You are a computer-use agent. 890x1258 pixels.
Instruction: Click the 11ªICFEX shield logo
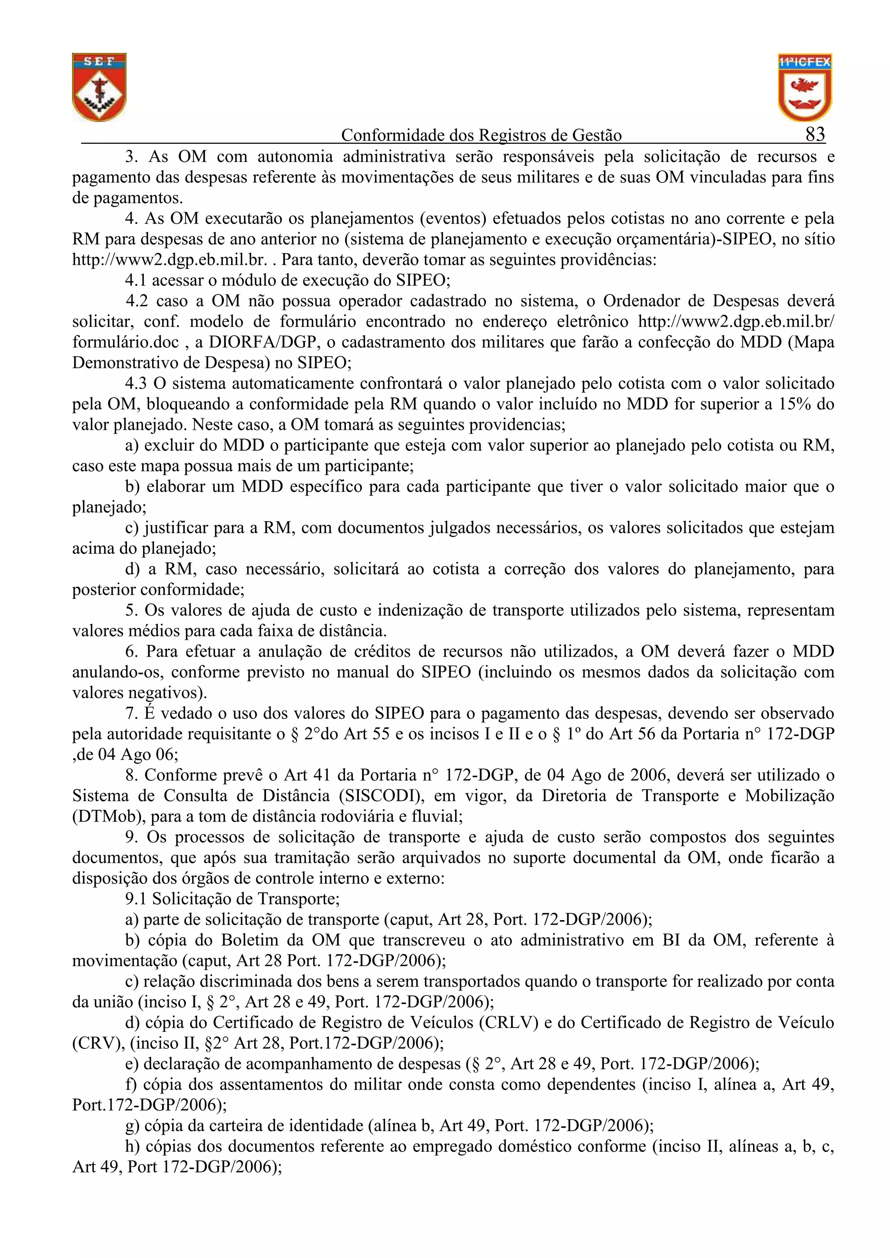coord(804,87)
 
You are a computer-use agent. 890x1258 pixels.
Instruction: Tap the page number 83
coord(815,134)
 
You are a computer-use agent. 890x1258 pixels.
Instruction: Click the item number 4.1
coord(136,281)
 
